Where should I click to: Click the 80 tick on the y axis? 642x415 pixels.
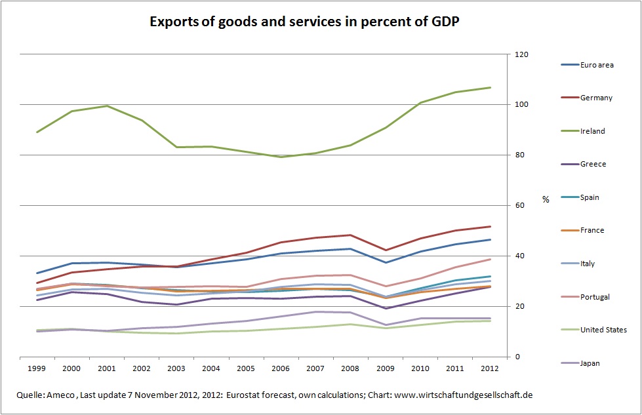519,155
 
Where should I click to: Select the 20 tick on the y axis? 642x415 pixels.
519,306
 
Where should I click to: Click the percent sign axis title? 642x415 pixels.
545,199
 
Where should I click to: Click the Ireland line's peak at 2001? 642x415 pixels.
107,106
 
